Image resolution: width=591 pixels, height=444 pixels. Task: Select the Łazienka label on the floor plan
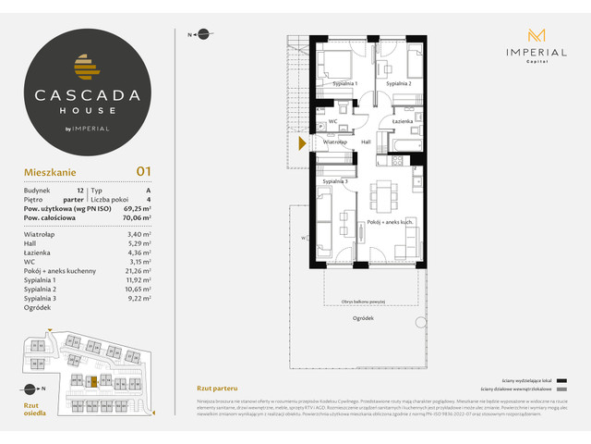[402, 122]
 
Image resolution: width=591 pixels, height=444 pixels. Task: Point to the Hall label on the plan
[366, 142]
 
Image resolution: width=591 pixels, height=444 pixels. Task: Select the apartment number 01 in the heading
[143, 170]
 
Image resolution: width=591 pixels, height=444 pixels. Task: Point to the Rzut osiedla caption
[32, 410]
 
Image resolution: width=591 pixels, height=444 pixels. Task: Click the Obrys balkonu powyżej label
[363, 302]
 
